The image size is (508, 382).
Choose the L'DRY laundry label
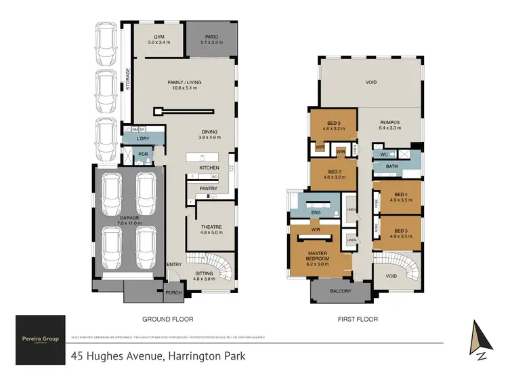[142, 138]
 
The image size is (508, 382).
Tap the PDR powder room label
[143, 154]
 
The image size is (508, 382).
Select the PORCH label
[174, 293]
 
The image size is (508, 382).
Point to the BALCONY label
[341, 291]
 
